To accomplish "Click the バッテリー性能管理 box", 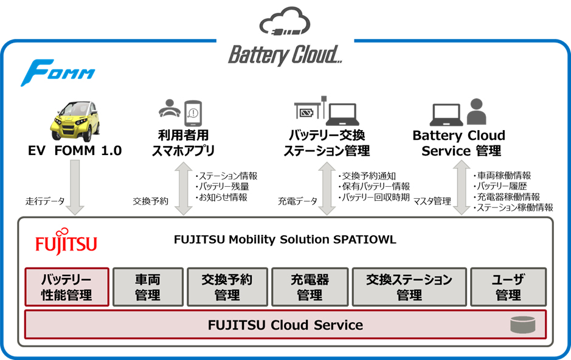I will pyautogui.click(x=67, y=287).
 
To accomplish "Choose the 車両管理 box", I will pyautogui.click(x=148, y=287).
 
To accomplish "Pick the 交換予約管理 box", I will pyautogui.click(x=227, y=287).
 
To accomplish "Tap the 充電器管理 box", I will pyautogui.click(x=309, y=287).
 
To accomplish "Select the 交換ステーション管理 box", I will pyautogui.click(x=409, y=287).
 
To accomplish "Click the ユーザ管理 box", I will pyautogui.click(x=508, y=287).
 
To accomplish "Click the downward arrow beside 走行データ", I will pyautogui.click(x=75, y=187).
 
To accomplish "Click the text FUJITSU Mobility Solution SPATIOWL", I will pyautogui.click(x=285, y=239).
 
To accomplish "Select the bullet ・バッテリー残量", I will pyautogui.click(x=223, y=187).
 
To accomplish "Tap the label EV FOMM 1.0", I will pyautogui.click(x=75, y=150).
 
